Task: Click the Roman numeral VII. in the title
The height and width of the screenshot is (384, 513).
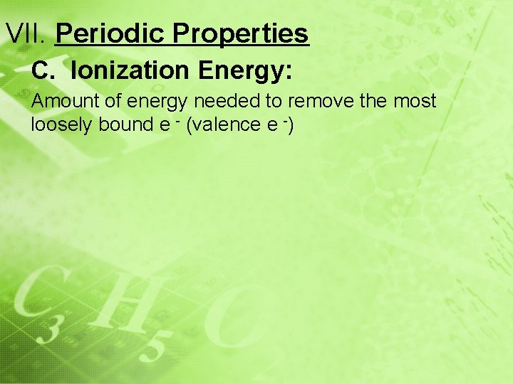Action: [x=26, y=33]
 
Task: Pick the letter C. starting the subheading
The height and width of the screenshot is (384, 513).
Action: [x=43, y=71]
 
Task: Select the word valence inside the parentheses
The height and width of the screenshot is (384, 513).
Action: [x=229, y=124]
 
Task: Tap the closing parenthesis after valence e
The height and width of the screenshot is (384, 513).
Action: [x=291, y=125]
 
